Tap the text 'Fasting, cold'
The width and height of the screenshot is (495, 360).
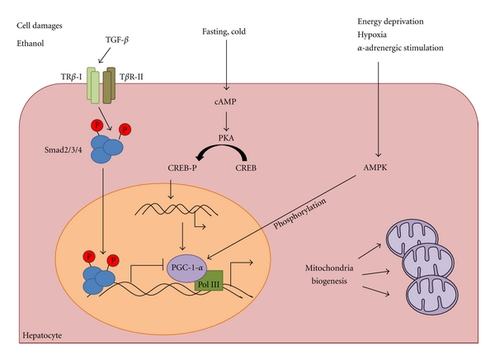click(x=224, y=31)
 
